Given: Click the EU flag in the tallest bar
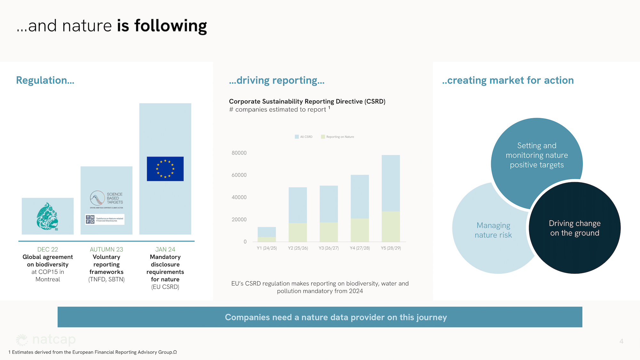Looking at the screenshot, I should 165,169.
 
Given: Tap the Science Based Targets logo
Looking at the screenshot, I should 106,198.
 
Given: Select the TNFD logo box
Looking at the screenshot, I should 105,219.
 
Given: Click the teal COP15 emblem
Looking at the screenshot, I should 47,216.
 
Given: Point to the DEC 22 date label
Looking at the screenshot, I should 48,249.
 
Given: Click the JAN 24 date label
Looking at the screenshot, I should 165,249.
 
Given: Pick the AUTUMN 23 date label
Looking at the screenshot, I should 106,249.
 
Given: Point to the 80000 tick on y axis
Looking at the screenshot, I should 239,153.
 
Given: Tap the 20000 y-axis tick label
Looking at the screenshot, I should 239,220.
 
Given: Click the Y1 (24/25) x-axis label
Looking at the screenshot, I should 267,248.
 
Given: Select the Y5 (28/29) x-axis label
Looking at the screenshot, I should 391,248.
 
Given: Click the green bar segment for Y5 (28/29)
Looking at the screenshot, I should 391,226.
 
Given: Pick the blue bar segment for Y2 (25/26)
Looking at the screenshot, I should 298,205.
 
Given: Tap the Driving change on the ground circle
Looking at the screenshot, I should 575,228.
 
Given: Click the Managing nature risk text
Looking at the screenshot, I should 493,230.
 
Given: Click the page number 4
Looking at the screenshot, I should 621,341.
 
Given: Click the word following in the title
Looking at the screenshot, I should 171,26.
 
